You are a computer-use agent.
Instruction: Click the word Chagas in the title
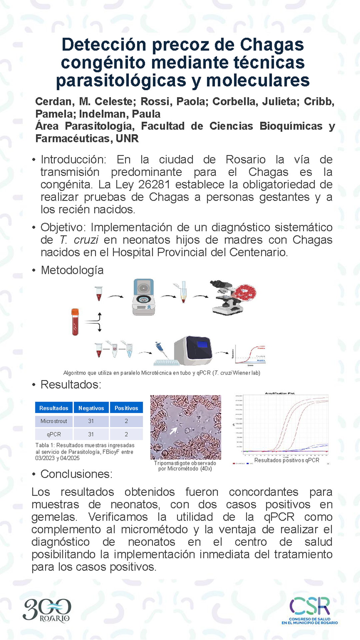point(272,45)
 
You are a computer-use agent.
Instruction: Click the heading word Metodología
point(72,270)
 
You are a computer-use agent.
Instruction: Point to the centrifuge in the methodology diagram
point(144,297)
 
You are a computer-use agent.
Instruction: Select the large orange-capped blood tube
point(75,322)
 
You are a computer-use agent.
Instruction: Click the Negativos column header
point(91,408)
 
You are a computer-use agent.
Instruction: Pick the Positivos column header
point(126,408)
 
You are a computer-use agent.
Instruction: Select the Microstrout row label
point(54,421)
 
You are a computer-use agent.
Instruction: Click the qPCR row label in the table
point(54,434)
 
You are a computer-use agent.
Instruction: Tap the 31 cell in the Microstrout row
point(91,421)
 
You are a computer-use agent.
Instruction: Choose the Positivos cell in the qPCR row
point(126,434)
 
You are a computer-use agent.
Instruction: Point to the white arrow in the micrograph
point(174,431)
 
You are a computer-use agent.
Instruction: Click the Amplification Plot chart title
point(280,393)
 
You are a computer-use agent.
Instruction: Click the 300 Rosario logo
point(47,610)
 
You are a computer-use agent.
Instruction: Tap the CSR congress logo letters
point(310,606)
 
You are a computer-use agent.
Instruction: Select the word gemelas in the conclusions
point(54,517)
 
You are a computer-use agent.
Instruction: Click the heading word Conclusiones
point(76,474)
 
